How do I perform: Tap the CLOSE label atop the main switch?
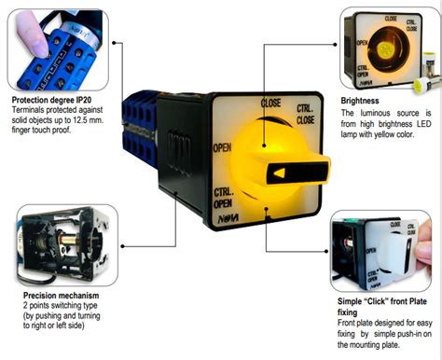click(271, 102)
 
